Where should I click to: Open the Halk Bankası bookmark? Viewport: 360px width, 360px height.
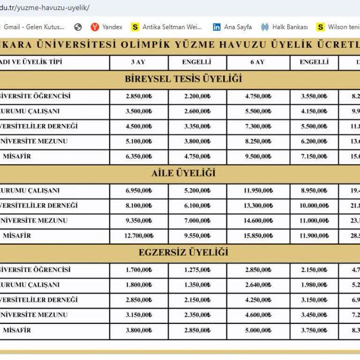tap(285, 27)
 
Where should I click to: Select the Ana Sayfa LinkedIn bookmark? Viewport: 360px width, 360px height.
tap(232, 27)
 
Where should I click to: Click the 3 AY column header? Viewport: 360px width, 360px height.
tap(139, 62)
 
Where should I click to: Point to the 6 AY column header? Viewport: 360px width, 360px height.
tap(258, 62)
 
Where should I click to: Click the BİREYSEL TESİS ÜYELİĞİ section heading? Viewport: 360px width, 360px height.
tap(183, 78)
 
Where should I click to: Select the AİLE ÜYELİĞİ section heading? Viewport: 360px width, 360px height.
tap(183, 173)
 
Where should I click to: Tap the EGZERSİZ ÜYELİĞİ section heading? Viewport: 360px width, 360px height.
tap(183, 252)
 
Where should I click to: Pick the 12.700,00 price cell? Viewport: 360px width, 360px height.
tap(139, 236)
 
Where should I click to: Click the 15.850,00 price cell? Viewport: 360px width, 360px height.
tap(258, 236)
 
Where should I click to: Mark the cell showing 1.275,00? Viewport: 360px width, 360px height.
tap(197, 270)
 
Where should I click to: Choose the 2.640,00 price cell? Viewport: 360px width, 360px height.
tap(258, 285)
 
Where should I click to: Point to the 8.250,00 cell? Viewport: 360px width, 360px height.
tap(258, 141)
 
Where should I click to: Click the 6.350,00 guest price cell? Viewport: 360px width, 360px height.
tap(139, 157)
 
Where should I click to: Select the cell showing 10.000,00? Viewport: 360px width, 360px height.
tap(314, 206)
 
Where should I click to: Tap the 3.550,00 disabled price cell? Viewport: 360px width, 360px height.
tap(314, 97)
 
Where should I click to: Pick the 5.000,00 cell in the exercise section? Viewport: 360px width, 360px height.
tap(258, 330)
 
